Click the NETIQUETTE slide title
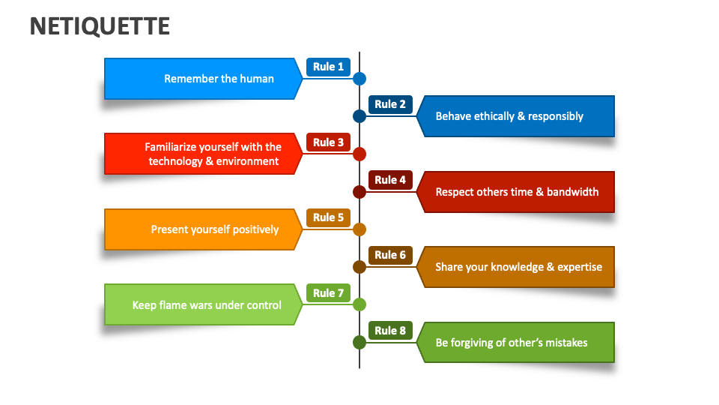coord(100,26)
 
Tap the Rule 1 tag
coord(328,67)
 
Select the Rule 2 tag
coord(390,104)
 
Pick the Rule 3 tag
coord(328,142)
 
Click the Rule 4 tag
coord(390,180)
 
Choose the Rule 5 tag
coord(328,217)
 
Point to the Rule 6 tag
coord(390,255)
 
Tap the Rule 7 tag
coord(328,293)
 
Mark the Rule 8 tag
coord(390,331)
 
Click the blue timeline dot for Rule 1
coord(359,79)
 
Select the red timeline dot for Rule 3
coord(359,154)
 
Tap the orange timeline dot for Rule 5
coord(359,229)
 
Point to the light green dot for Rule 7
coord(359,304)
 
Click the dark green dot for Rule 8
coord(359,342)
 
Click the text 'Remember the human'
coord(219,79)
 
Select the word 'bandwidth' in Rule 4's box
coord(572,192)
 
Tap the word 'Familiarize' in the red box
coord(171,147)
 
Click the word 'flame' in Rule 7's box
coord(174,305)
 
